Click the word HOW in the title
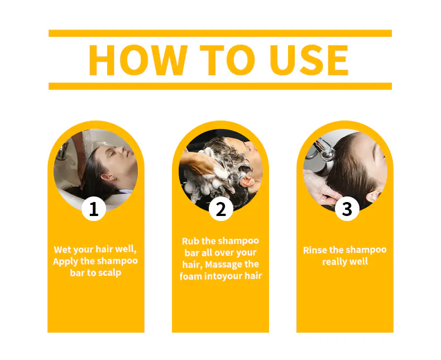coord(138,60)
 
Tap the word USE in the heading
coord(309,60)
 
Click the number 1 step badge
coord(94,209)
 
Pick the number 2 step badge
coord(221,209)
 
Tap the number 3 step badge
coord(347,209)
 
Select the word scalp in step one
coord(111,273)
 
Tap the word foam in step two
coord(191,276)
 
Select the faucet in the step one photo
coord(63,151)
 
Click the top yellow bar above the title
coord(220,33)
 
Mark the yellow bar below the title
coord(220,86)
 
